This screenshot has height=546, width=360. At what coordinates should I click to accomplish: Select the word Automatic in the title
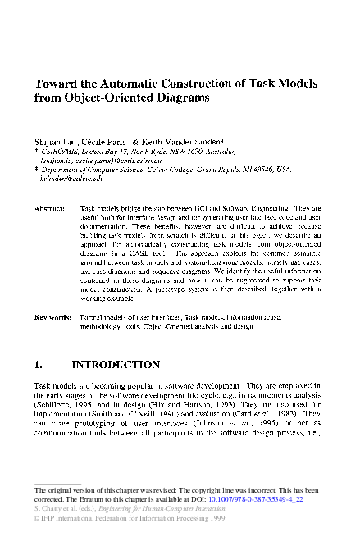(125, 83)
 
